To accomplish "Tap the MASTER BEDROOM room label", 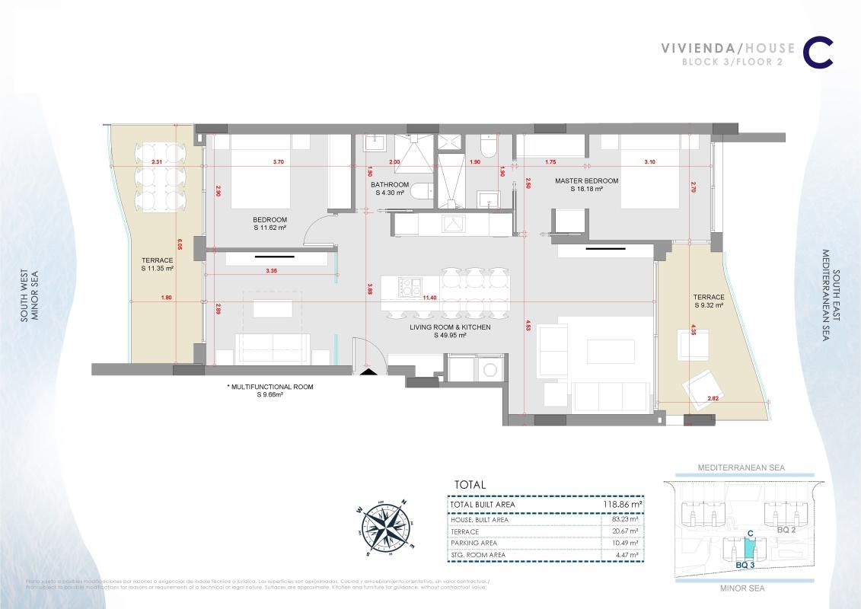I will click(586, 180).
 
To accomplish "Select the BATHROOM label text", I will click(390, 185).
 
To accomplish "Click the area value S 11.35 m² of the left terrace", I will click(158, 269).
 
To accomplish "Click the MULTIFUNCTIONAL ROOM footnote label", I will click(270, 387).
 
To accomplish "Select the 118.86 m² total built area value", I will click(621, 504).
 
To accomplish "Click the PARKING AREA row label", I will click(474, 543).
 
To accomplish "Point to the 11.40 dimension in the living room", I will click(429, 298).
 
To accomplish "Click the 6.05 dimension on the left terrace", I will click(180, 245).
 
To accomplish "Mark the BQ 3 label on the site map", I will click(746, 565).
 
